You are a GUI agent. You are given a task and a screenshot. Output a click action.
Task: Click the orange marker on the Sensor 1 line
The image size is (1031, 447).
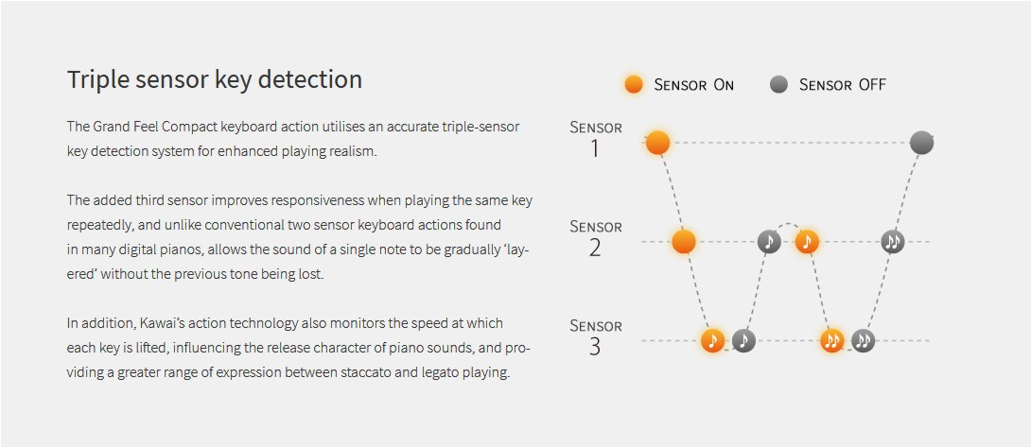[x=657, y=143]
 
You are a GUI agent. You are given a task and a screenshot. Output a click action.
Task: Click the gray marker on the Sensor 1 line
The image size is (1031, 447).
[x=922, y=143]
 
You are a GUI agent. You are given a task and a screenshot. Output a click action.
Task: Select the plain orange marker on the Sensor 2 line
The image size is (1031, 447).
[x=684, y=242]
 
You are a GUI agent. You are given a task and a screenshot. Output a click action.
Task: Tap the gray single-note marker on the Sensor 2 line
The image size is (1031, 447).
[x=769, y=242]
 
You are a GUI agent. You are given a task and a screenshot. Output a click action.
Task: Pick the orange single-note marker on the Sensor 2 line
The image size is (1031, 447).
[x=807, y=242]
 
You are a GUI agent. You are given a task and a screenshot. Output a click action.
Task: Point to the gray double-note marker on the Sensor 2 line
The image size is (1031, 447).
[x=892, y=242]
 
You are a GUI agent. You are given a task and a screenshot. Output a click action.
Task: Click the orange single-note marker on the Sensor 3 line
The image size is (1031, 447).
[x=713, y=340]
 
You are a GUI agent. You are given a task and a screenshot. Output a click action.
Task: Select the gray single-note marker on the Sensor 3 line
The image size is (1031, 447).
[x=743, y=340]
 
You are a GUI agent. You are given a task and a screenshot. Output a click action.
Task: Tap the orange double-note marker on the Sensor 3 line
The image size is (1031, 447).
[x=832, y=340]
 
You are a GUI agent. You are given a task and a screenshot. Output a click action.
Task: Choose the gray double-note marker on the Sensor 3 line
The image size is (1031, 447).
[x=864, y=340]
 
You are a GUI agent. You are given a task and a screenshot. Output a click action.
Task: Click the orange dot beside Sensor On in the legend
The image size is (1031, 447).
[x=634, y=85]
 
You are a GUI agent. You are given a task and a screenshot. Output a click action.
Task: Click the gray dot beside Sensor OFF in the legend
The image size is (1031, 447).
[x=778, y=85]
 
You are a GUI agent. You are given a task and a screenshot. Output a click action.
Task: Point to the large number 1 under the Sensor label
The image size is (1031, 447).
[x=594, y=149]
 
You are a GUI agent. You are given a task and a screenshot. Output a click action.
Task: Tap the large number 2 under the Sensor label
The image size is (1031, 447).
[x=594, y=248]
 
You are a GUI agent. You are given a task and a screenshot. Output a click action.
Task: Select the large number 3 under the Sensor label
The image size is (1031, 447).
[x=594, y=347]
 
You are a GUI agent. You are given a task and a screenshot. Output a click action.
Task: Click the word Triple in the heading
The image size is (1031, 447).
[x=96, y=80]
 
